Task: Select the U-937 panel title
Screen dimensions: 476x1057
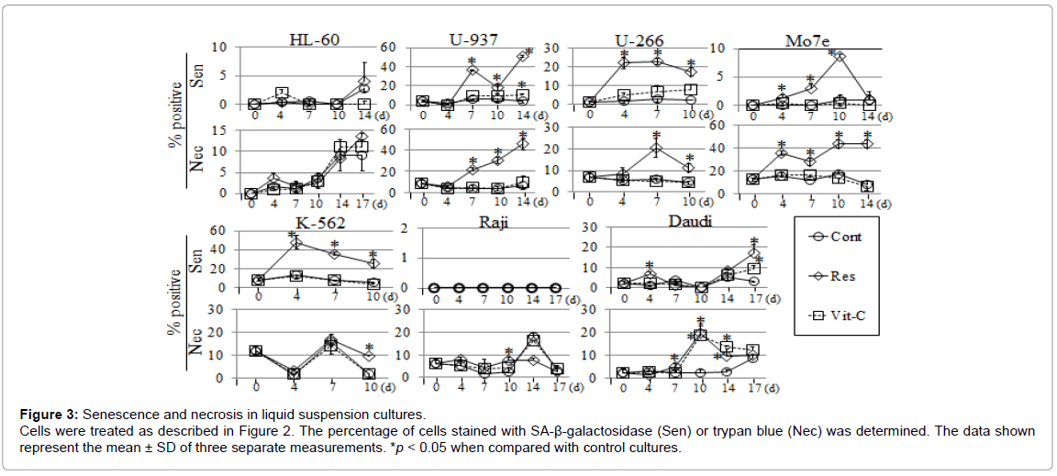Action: [473, 39]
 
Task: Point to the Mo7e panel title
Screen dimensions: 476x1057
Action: [808, 41]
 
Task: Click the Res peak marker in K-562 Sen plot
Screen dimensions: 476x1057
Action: [296, 242]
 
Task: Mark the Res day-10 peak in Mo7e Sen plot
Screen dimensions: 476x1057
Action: [840, 56]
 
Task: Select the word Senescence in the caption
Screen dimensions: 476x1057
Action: [125, 414]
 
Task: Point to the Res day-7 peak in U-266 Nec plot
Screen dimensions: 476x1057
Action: [656, 148]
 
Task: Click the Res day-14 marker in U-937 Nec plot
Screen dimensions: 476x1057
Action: [523, 143]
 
